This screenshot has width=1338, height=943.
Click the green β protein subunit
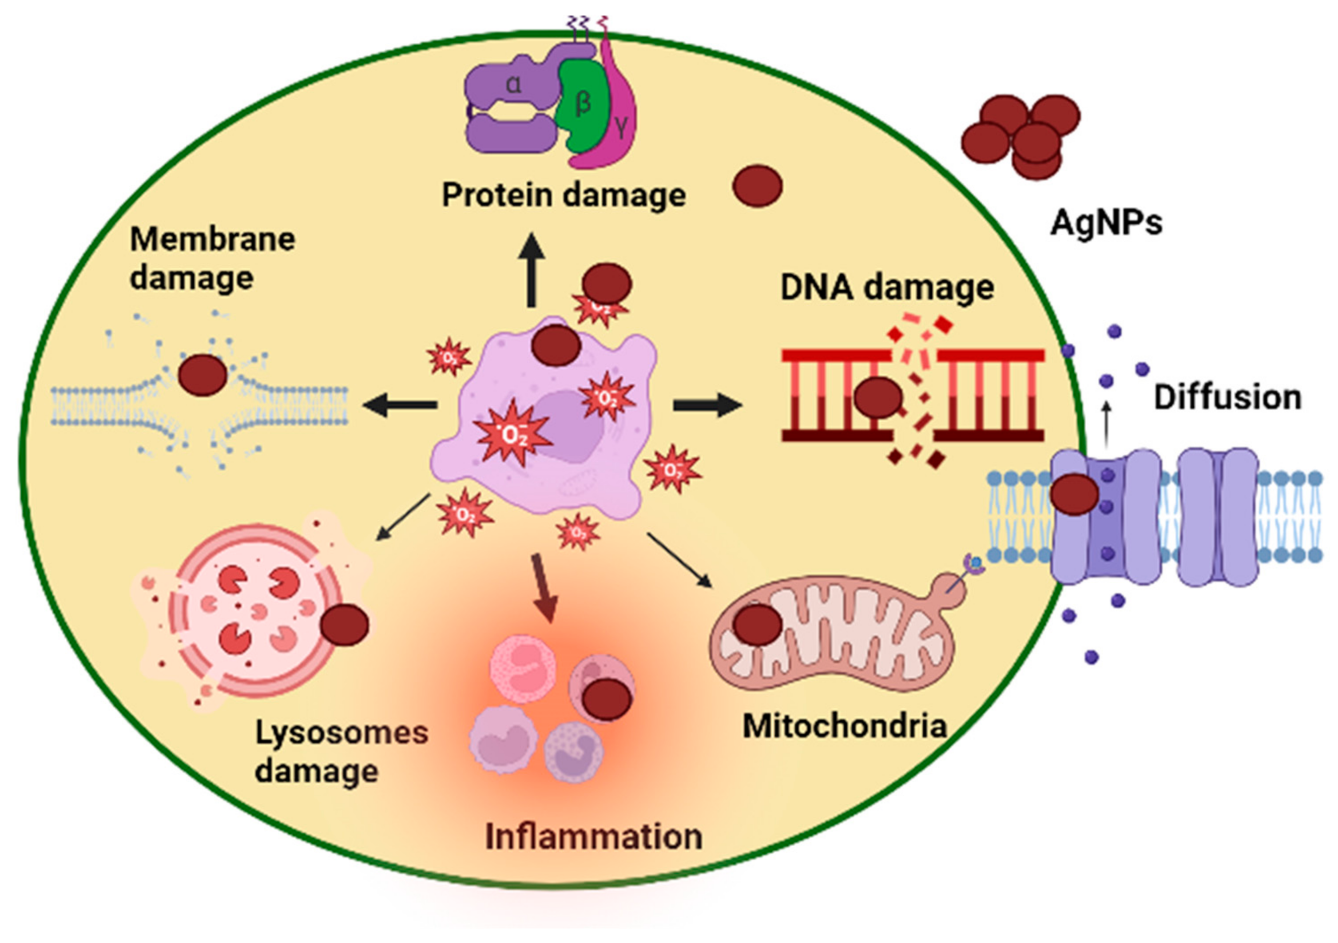[x=580, y=108]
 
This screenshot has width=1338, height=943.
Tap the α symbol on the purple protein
[x=513, y=86]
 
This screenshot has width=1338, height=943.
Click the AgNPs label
[x=1105, y=222]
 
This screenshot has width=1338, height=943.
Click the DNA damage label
[x=886, y=288]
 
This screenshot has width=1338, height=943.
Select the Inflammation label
[x=593, y=837]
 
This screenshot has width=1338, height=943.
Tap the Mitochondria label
[x=844, y=726]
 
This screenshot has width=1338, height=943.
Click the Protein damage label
[x=563, y=194]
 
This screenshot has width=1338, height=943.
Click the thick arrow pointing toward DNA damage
[x=706, y=405]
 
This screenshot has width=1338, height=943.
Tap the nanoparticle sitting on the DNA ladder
[x=877, y=397]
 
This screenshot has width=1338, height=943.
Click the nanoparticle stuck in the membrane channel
[x=1075, y=495]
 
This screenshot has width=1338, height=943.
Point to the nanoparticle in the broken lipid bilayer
[x=202, y=376]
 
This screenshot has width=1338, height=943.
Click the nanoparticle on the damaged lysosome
[x=345, y=624]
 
